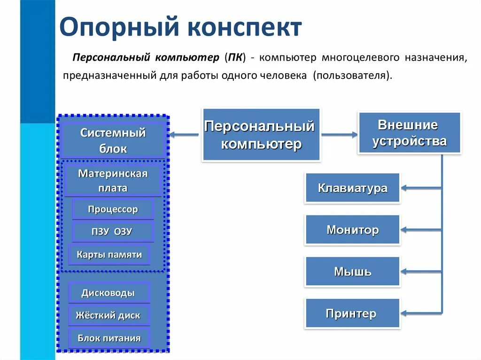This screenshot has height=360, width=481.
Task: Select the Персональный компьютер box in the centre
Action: [x=261, y=135]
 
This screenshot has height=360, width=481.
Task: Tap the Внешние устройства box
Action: [x=409, y=133]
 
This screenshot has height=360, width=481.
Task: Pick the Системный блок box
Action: [x=113, y=141]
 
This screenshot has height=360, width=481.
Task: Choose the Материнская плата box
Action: [x=113, y=180]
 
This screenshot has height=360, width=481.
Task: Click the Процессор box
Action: [x=113, y=209]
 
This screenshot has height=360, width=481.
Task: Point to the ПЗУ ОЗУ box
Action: [x=113, y=232]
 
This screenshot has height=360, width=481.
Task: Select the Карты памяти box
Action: [x=109, y=255]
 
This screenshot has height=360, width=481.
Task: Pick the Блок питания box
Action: [x=109, y=338]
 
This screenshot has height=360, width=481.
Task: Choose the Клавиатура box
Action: [x=352, y=188]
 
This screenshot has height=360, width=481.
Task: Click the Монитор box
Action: [x=352, y=230]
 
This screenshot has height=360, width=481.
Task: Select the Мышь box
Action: [x=352, y=271]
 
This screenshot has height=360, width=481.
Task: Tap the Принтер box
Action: [x=352, y=314]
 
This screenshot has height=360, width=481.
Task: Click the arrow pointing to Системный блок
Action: [x=184, y=135]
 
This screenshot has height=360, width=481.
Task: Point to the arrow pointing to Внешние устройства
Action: [x=339, y=135]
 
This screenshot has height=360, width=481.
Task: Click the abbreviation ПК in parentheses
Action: [x=235, y=58]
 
